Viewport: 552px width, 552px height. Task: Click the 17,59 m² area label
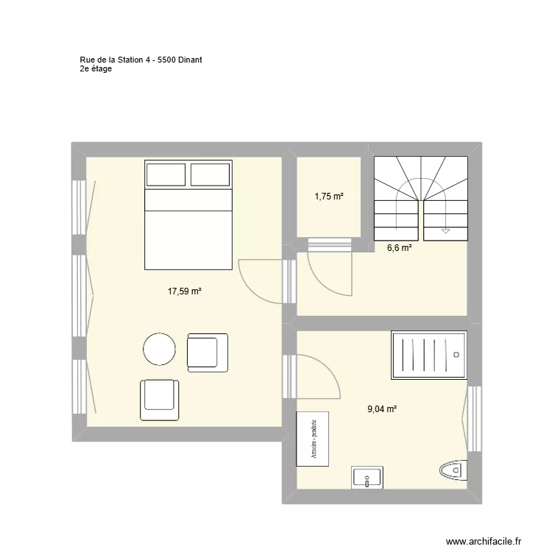pos(184,291)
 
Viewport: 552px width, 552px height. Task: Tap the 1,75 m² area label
pos(329,197)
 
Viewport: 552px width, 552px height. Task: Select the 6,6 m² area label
pos(400,249)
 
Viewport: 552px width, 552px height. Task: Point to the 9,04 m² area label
pos(382,409)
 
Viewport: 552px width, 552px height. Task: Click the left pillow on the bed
pos(166,175)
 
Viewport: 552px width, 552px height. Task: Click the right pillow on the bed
pos(210,175)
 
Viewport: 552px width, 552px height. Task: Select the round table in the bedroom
pos(159,350)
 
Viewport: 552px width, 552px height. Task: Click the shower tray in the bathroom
pos(429,355)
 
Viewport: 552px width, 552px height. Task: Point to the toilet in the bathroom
pos(452,470)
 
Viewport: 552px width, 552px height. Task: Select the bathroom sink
pos(367,478)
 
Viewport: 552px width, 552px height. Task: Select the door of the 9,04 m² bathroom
pos(316,375)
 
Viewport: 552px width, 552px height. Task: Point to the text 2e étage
pos(96,69)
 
